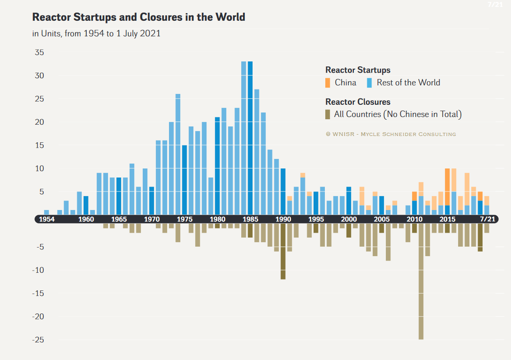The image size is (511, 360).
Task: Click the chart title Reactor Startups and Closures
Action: pyautogui.click(x=139, y=18)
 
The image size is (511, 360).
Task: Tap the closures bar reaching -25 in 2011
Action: pyautogui.click(x=421, y=280)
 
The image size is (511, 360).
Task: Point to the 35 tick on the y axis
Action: pyautogui.click(x=39, y=52)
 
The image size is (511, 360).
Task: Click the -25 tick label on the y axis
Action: pyautogui.click(x=38, y=340)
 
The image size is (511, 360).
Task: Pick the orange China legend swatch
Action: pyautogui.click(x=328, y=83)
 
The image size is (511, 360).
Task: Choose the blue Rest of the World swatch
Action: pyautogui.click(x=370, y=83)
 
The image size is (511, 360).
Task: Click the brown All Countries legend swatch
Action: pyautogui.click(x=328, y=114)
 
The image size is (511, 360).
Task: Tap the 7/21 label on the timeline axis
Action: pyautogui.click(x=487, y=219)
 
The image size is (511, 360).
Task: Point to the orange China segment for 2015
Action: pyautogui.click(x=447, y=187)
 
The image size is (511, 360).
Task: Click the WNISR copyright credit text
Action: pyautogui.click(x=391, y=134)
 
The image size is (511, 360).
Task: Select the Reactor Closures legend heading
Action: pyautogui.click(x=358, y=102)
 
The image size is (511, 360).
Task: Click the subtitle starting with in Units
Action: pyautogui.click(x=96, y=34)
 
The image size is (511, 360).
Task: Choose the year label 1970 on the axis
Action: pyautogui.click(x=152, y=219)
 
